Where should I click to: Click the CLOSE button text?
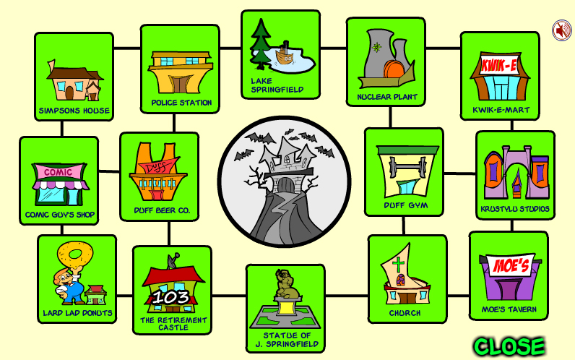point(509,346)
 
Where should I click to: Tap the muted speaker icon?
point(562,30)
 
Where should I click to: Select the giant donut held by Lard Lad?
point(75,254)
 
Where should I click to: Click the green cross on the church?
point(398,264)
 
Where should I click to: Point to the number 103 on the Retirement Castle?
point(171,297)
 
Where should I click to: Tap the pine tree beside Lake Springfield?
point(261,44)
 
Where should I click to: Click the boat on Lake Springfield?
point(284,55)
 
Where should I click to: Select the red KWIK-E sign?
point(499,66)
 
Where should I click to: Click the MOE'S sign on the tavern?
point(511,265)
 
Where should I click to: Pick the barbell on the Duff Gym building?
point(407,167)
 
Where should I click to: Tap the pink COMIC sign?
point(59,172)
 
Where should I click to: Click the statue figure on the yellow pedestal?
point(287,283)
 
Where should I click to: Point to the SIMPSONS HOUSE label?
point(74,111)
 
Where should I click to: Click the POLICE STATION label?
point(181,103)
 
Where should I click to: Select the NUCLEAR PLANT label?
point(387,97)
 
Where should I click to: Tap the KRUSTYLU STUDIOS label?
point(515,209)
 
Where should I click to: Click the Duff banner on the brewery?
point(160,167)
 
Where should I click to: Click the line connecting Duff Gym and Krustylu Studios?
point(460,173)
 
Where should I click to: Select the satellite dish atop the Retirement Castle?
point(173,260)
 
